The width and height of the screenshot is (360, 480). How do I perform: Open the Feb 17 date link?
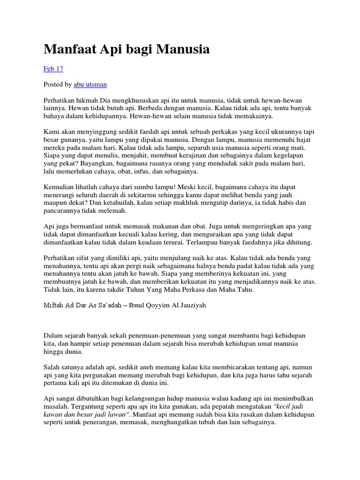click(53, 69)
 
